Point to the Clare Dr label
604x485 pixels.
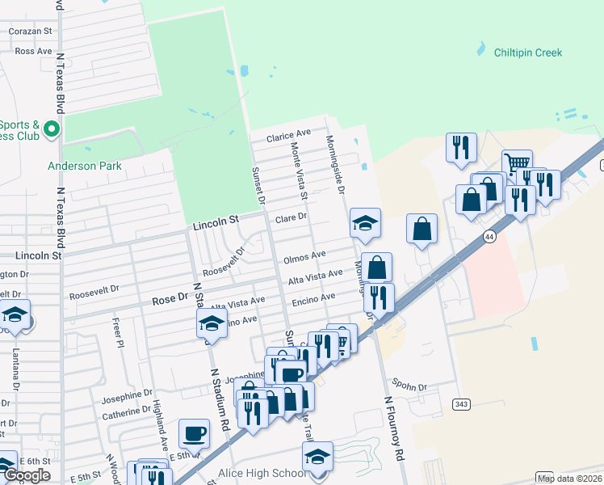292,217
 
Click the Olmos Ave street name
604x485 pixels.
304,257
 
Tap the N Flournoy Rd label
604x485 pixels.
394,428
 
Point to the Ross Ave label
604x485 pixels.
33,50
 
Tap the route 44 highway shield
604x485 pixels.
489,236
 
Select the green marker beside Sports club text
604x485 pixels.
52,129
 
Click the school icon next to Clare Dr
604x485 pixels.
365,222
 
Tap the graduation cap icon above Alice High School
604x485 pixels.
318,457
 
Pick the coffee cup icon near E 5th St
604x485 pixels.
194,432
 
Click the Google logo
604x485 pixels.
27,475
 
